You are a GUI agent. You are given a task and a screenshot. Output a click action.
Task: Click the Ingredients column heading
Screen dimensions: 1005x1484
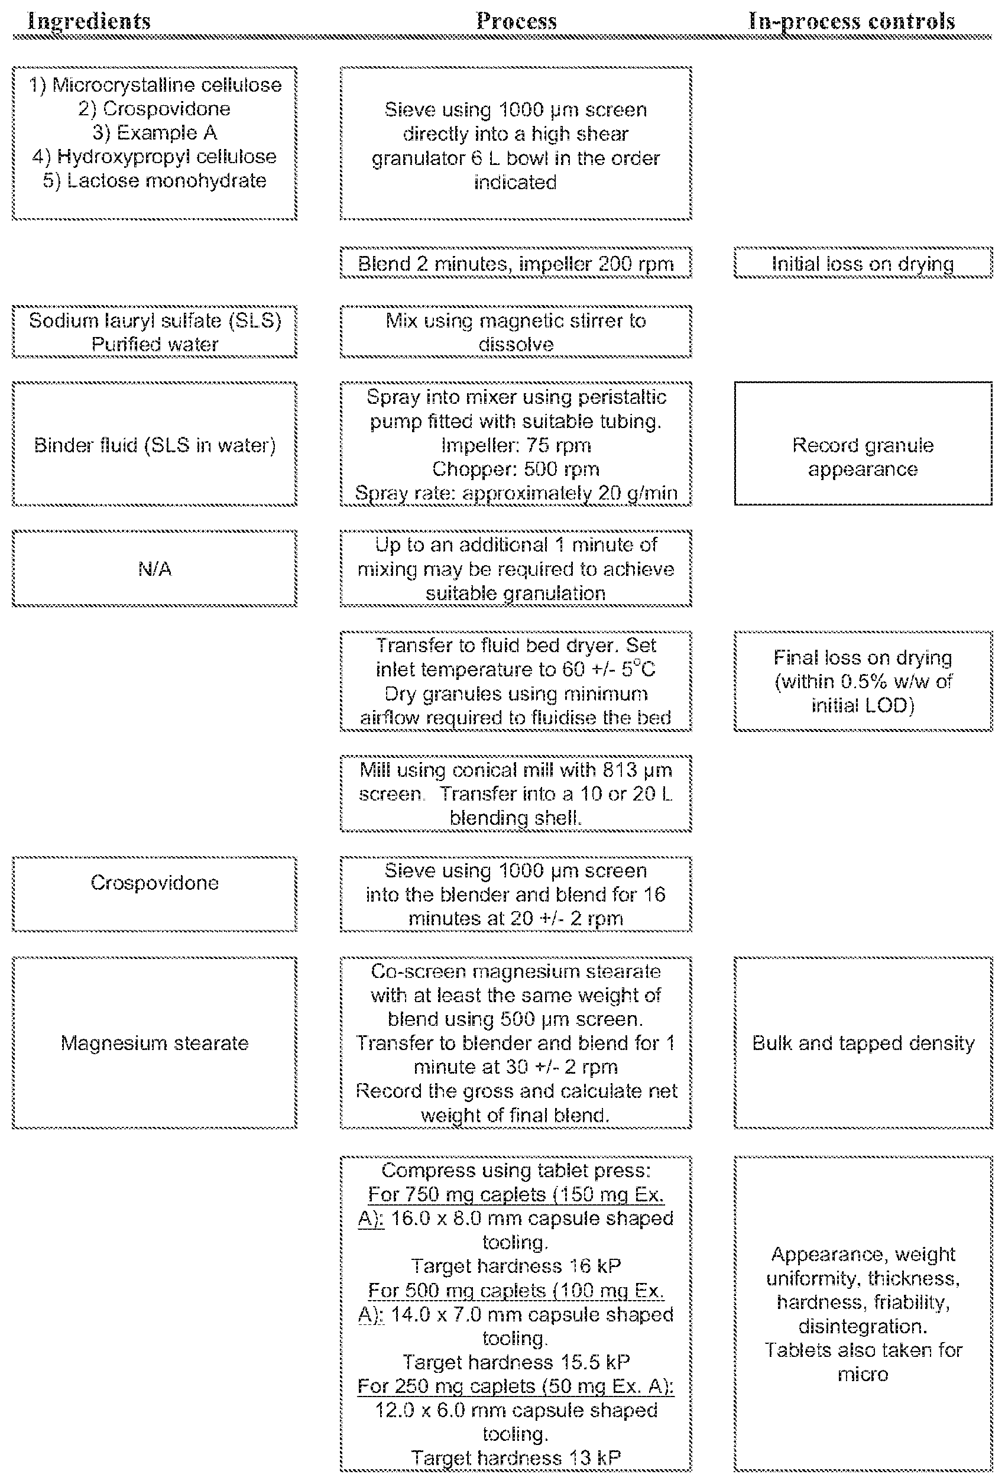(89, 21)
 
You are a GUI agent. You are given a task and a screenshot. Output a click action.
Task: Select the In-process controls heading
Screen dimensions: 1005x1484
(852, 21)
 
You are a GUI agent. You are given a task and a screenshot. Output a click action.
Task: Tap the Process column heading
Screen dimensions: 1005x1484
(517, 21)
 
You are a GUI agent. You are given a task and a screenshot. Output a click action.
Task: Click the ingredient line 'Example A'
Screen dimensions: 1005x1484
(154, 133)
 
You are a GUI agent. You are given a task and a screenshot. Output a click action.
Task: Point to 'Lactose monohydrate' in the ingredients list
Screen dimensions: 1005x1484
(154, 181)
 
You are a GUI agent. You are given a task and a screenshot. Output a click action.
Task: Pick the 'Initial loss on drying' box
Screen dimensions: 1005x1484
(863, 263)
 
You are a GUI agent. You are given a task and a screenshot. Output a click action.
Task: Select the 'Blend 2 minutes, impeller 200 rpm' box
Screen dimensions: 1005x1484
(516, 263)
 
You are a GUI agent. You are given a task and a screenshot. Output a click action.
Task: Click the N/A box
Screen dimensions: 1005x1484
(154, 568)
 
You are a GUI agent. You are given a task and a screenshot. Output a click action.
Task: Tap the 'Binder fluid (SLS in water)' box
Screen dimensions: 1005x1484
(154, 445)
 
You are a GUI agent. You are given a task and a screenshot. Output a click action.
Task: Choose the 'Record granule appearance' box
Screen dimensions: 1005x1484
(863, 444)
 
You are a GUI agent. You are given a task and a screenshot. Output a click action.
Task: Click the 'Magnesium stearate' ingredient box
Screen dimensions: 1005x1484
(154, 1043)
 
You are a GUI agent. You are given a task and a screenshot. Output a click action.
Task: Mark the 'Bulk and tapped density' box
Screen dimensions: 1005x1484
(863, 1043)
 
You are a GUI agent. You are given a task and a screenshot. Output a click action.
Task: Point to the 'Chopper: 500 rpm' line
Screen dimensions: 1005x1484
(516, 469)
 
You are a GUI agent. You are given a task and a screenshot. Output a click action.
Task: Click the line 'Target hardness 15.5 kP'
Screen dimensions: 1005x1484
(516, 1362)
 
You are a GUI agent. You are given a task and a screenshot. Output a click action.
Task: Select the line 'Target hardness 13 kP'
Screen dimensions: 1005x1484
(516, 1458)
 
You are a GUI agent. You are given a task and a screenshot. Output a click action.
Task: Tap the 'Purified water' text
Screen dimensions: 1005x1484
(154, 344)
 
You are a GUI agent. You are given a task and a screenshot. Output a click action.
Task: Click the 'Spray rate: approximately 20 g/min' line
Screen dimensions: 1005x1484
(516, 494)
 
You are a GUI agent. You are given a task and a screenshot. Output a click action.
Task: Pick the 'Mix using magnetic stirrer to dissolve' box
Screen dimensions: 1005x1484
(516, 332)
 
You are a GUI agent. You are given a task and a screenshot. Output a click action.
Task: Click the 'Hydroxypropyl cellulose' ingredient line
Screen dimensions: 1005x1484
(154, 157)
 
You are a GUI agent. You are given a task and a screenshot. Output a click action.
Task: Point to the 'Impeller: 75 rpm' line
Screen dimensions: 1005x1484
(516, 445)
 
